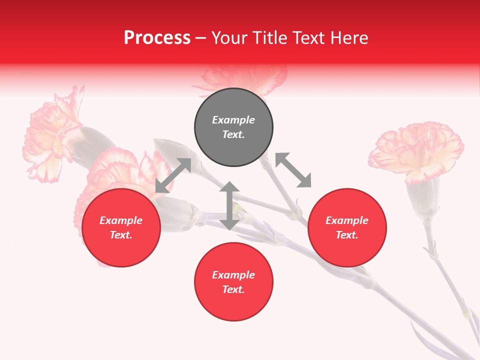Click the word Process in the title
coord(157,38)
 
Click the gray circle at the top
coord(233,127)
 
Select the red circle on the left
coord(121,227)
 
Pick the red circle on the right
coord(347,227)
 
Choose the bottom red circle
coord(233,282)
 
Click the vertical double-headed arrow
coord(229,205)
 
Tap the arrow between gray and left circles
coord(173,175)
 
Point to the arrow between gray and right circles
coord(293,170)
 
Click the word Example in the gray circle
coord(233,120)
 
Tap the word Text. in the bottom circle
coord(233,289)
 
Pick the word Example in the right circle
coord(347,220)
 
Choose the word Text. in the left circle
coord(121,235)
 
